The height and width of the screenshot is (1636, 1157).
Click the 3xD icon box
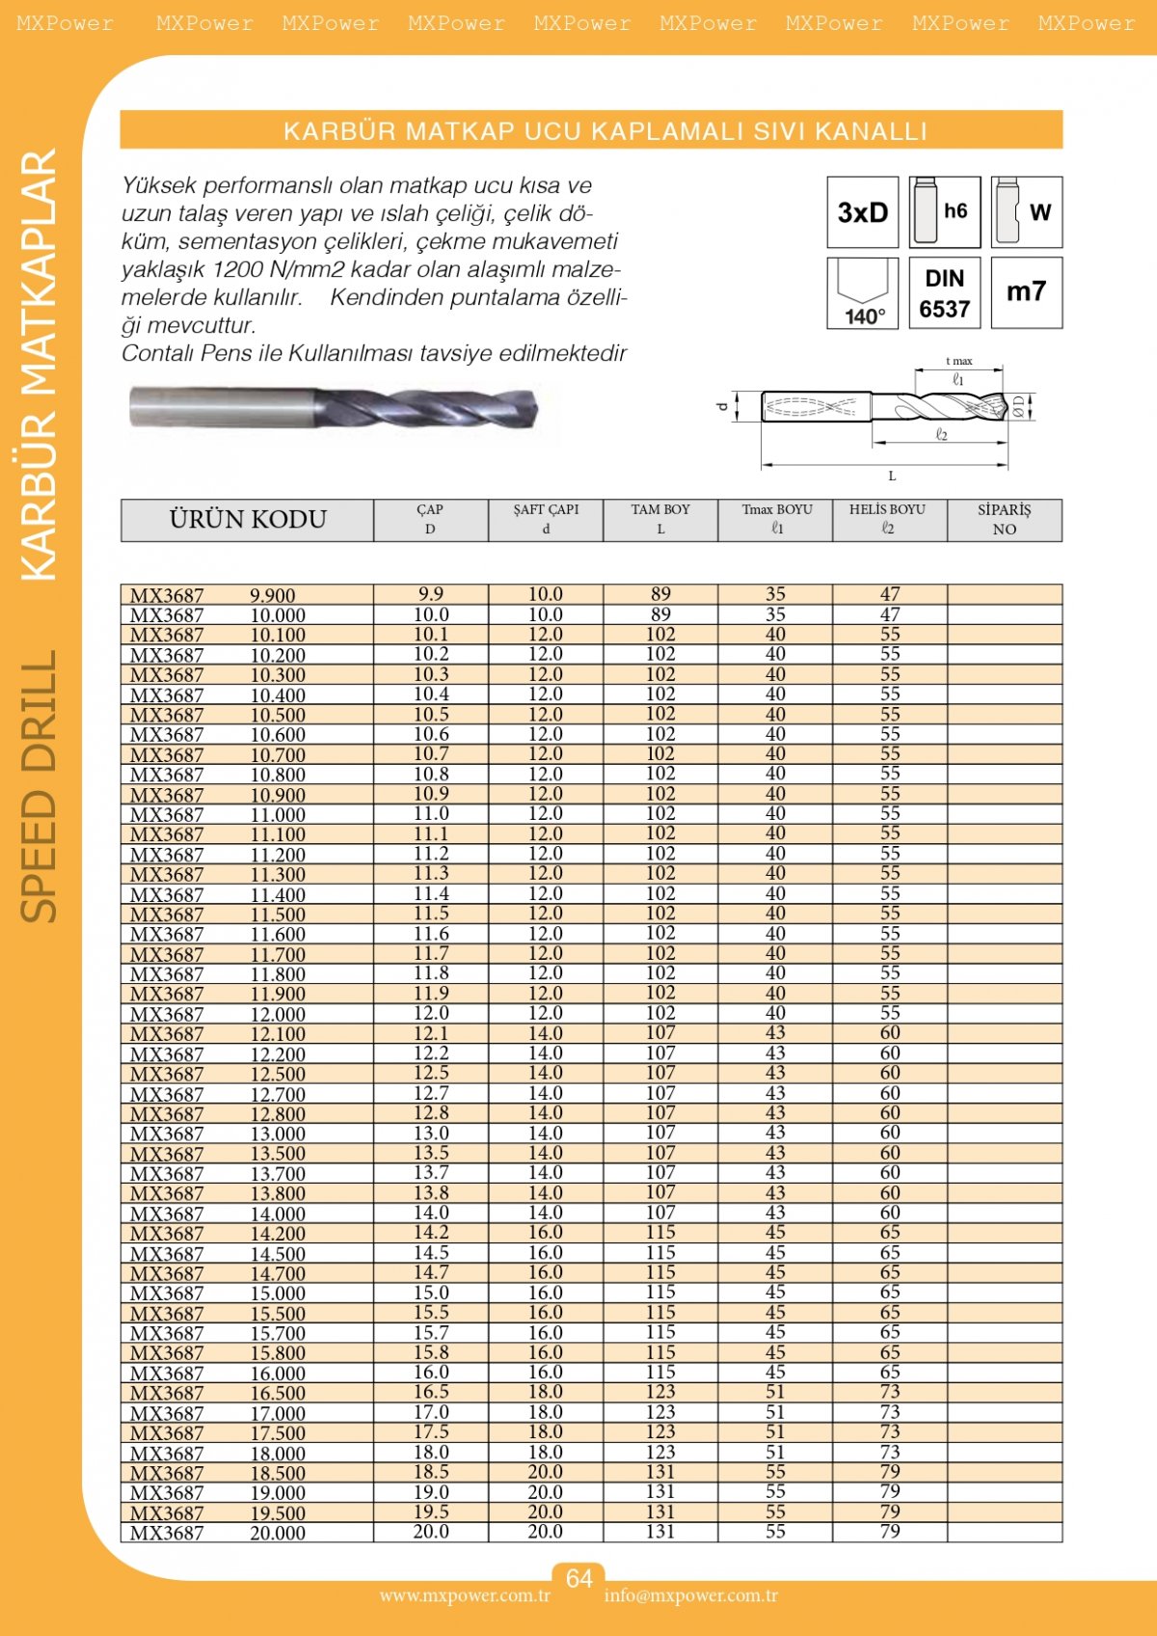click(863, 212)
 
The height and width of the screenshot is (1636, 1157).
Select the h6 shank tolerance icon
click(945, 212)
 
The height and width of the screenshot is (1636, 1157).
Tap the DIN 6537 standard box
click(945, 293)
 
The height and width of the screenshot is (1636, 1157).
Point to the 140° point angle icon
click(863, 293)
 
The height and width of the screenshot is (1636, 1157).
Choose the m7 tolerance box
click(1027, 293)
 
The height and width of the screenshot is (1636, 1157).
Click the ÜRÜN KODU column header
click(248, 520)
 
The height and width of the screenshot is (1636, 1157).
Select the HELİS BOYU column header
click(888, 520)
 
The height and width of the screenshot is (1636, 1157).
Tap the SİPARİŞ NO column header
click(1004, 520)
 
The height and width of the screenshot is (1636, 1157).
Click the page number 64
click(578, 1578)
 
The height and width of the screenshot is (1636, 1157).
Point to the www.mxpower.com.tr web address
click(465, 1595)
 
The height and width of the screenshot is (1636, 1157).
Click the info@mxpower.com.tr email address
click(690, 1595)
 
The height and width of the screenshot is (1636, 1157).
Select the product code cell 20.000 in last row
click(278, 1533)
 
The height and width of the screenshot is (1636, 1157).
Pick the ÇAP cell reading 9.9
click(431, 594)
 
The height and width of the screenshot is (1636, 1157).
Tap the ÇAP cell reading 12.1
click(431, 1033)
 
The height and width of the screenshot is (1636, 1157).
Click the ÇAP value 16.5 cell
click(431, 1392)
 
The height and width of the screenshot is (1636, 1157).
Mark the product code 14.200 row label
click(278, 1234)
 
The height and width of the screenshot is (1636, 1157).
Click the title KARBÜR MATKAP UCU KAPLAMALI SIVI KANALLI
click(605, 131)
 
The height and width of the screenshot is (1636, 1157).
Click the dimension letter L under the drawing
click(892, 476)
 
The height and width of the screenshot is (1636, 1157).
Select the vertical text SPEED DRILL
click(40, 786)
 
